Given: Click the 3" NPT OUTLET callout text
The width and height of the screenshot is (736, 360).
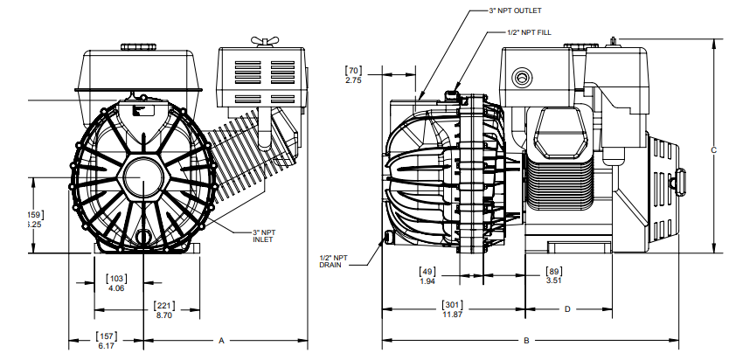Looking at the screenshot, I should [515, 11].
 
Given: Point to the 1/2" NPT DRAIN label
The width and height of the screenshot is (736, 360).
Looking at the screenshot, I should [333, 261].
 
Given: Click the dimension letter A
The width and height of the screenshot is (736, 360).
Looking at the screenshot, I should [221, 339].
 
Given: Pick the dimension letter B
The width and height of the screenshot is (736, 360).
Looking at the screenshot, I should [526, 339].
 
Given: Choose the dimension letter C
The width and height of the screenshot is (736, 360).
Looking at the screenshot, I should [714, 150].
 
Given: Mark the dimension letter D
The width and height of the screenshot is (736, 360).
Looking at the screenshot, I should [566, 308].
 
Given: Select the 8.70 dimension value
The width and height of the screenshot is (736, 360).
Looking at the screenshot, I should [163, 315].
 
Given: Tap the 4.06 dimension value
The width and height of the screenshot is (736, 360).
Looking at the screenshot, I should [117, 287].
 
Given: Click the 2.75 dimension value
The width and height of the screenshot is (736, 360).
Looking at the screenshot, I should [354, 80].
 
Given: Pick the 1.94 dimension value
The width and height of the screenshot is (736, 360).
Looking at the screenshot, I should [427, 281].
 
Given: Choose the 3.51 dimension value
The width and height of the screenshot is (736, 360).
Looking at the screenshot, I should [554, 281].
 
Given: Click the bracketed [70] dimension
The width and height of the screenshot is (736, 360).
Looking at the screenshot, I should [354, 70].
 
